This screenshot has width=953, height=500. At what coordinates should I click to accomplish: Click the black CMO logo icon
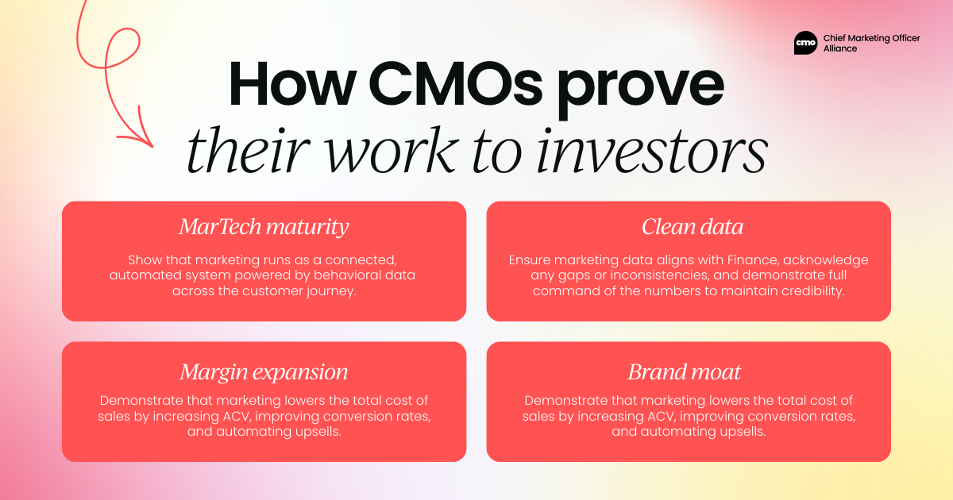(x=805, y=43)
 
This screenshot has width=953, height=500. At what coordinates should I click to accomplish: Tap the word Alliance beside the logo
(x=840, y=48)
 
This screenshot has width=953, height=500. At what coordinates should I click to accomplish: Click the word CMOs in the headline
(x=455, y=84)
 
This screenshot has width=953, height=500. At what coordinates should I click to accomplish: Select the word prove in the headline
(x=641, y=90)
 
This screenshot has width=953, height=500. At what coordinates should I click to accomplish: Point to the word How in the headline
(x=292, y=84)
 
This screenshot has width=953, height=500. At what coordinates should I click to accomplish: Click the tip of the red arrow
(x=152, y=147)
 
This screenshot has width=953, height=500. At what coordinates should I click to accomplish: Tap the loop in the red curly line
(x=122, y=48)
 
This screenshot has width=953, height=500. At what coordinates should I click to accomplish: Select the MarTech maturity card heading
(x=264, y=227)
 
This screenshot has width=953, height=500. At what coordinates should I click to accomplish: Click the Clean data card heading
(x=693, y=227)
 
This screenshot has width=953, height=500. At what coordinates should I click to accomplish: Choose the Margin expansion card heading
(x=264, y=372)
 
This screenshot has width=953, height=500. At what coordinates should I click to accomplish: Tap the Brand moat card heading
(x=685, y=372)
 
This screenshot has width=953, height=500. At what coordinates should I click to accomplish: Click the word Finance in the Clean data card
(x=753, y=260)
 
